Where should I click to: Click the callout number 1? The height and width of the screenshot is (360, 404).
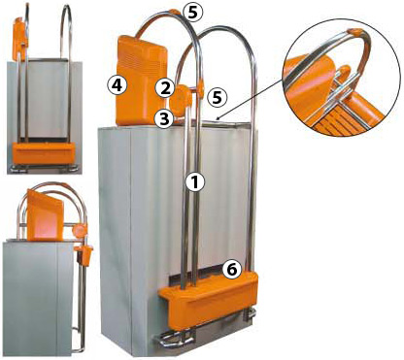click(x=195, y=182)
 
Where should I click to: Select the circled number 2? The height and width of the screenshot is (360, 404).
click(x=165, y=88)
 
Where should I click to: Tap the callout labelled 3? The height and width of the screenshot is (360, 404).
click(x=164, y=119)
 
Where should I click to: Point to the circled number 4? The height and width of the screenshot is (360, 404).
click(x=117, y=85)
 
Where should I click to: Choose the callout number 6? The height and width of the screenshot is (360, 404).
click(x=232, y=269)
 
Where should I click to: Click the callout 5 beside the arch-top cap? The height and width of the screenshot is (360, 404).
click(x=193, y=13)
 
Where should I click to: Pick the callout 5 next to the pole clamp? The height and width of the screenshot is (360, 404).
click(x=218, y=97)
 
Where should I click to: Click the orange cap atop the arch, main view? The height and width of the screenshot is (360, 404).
click(x=175, y=13)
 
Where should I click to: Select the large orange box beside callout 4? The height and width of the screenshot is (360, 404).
click(x=141, y=81)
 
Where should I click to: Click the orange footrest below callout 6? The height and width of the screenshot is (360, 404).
click(x=209, y=299)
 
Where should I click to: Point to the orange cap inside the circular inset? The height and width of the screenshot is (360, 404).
click(x=354, y=32)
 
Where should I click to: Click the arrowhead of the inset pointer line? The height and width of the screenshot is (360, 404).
click(x=219, y=118)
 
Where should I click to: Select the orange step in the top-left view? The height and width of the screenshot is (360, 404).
click(x=44, y=153)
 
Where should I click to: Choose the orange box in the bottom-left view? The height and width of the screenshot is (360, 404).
click(x=44, y=215)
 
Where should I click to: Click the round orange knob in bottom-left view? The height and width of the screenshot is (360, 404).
click(x=80, y=231)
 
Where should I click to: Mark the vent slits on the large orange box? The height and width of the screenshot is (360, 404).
click(x=142, y=61)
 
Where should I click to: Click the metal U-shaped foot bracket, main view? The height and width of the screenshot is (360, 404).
click(x=174, y=339)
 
